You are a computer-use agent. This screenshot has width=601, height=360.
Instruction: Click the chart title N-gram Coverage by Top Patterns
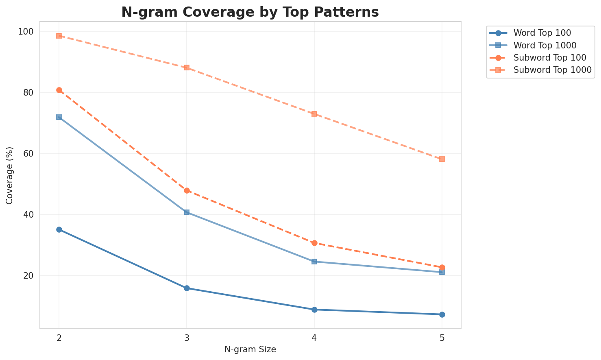click(250, 12)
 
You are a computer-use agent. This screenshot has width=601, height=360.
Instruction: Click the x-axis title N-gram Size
click(250, 349)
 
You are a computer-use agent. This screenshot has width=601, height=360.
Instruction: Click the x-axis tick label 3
click(187, 338)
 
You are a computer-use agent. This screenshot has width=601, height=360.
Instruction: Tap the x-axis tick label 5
click(442, 338)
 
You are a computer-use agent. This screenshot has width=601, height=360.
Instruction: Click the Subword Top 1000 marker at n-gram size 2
click(59, 36)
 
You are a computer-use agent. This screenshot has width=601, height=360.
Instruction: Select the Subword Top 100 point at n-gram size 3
click(187, 190)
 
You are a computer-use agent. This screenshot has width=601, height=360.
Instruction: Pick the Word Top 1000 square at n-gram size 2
click(59, 117)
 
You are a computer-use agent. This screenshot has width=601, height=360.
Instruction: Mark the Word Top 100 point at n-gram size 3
click(187, 288)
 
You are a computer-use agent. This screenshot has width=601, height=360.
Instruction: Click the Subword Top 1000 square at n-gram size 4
click(314, 114)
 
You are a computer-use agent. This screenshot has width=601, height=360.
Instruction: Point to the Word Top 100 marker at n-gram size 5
click(442, 314)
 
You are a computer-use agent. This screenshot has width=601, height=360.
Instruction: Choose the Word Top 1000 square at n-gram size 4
click(314, 262)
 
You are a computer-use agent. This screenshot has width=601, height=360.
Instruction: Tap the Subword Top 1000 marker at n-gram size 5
click(442, 159)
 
